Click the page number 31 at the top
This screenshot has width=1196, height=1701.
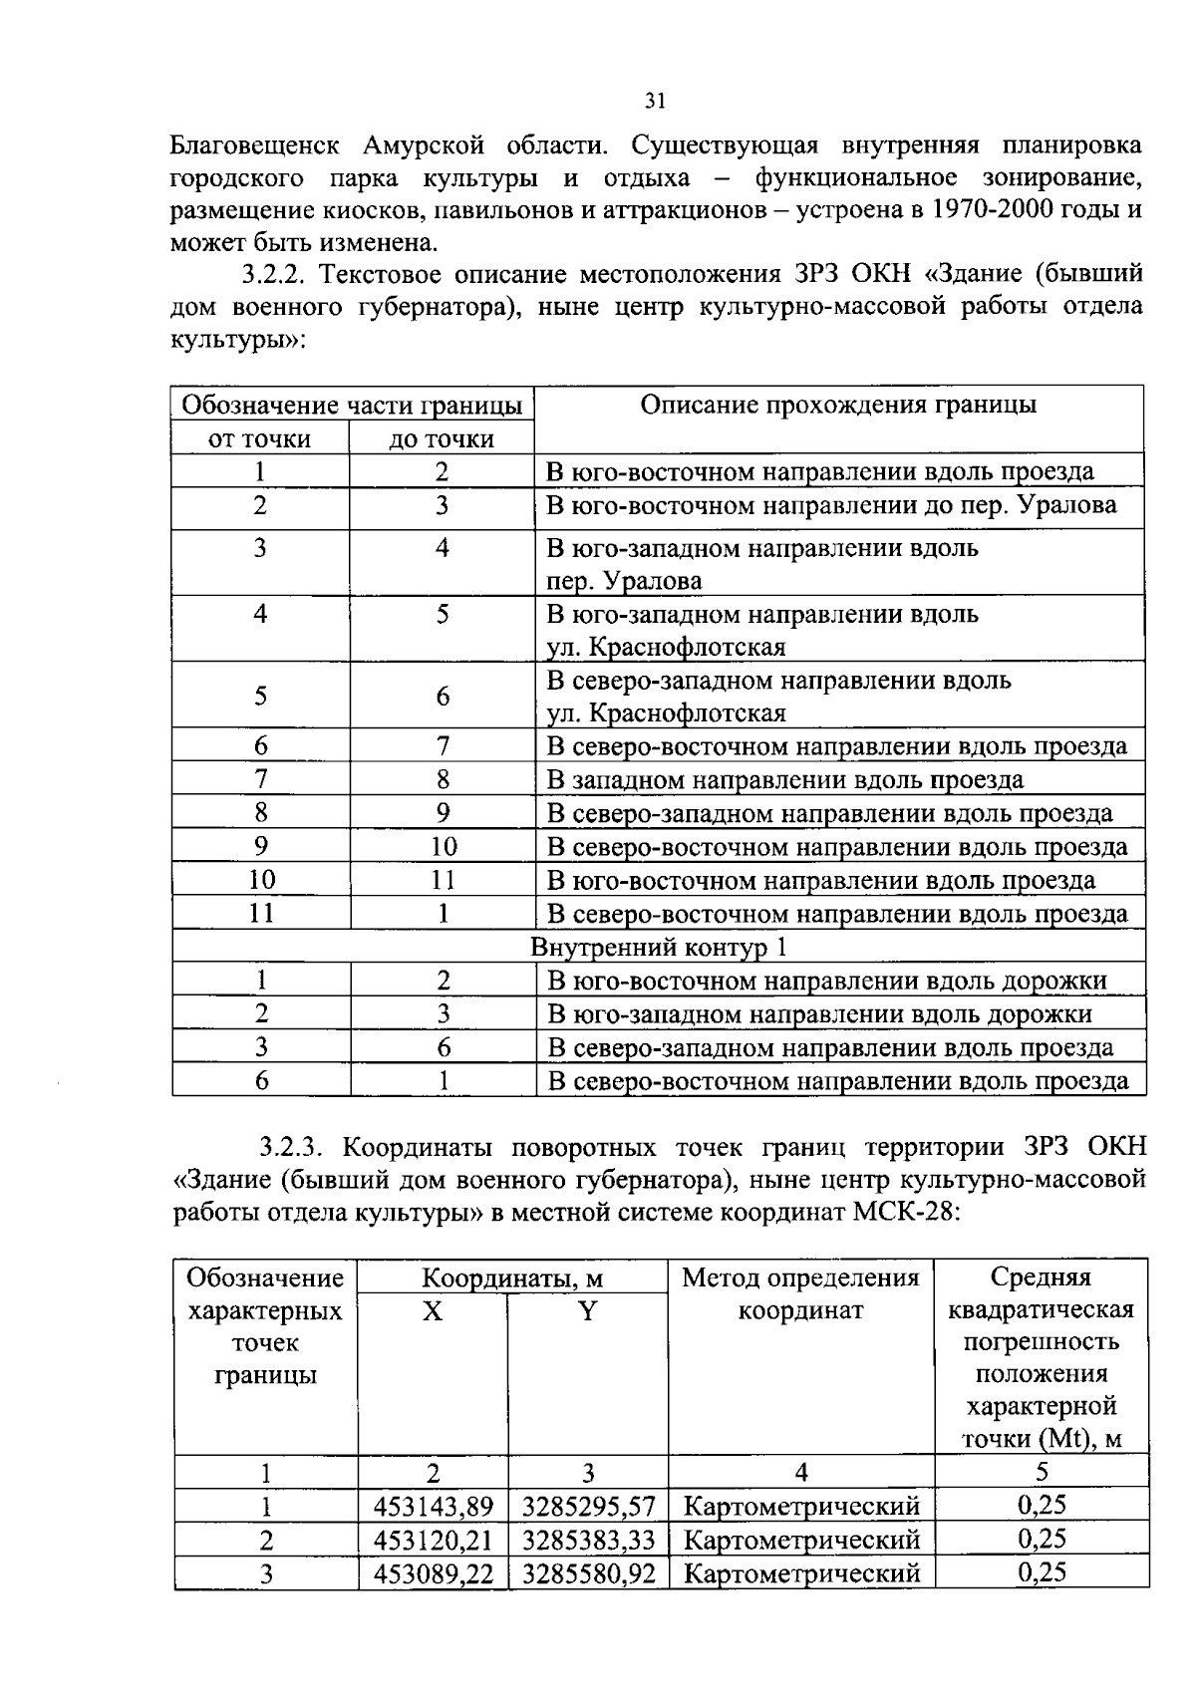pyautogui.click(x=654, y=101)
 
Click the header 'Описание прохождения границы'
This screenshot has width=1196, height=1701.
pyautogui.click(x=837, y=405)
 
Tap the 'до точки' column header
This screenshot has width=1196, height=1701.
pyautogui.click(x=442, y=439)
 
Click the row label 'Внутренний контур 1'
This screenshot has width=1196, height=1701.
pyautogui.click(x=658, y=947)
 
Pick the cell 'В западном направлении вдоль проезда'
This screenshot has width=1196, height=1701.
pyautogui.click(x=785, y=780)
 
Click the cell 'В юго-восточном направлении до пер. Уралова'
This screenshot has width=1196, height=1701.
pyautogui.click(x=831, y=505)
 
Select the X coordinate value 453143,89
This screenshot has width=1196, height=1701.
pyautogui.click(x=433, y=1507)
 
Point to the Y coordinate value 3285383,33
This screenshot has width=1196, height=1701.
pyautogui.click(x=588, y=1541)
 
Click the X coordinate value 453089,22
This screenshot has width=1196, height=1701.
pyautogui.click(x=433, y=1574)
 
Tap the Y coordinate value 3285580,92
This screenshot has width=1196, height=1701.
pyautogui.click(x=588, y=1574)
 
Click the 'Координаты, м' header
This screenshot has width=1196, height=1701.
pyautogui.click(x=511, y=1278)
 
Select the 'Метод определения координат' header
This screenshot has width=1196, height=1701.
pyautogui.click(x=800, y=1293)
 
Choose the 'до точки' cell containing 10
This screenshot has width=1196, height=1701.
pyautogui.click(x=443, y=847)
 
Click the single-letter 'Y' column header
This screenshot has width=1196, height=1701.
pyautogui.click(x=587, y=1311)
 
